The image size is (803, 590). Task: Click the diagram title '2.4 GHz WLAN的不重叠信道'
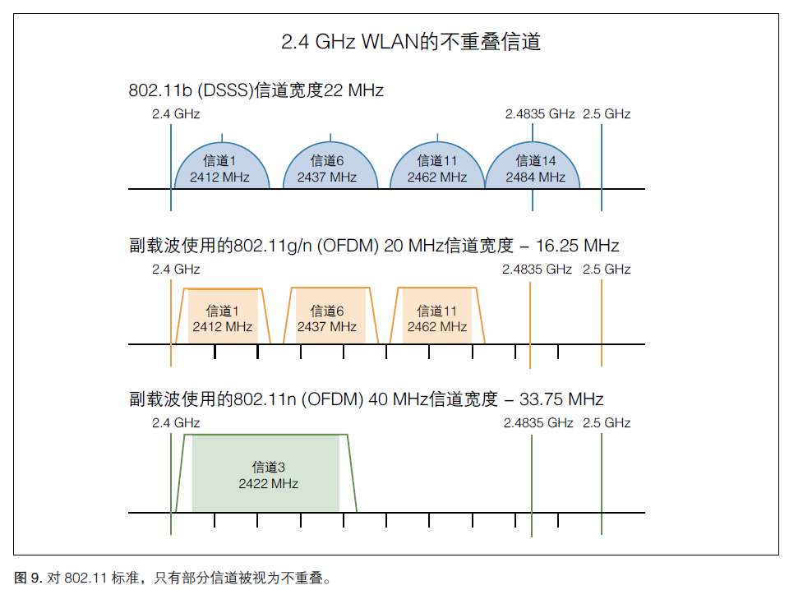click(411, 42)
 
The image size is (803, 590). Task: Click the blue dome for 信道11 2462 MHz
click(436, 168)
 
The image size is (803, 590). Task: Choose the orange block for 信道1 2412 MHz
click(222, 318)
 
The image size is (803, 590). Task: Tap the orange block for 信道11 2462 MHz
click(436, 318)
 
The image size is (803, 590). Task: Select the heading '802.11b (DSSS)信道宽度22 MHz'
click(256, 90)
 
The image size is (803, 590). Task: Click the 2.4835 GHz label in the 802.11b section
click(539, 114)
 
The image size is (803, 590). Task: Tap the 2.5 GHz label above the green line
click(607, 422)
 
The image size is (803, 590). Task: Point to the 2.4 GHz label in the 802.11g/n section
click(176, 269)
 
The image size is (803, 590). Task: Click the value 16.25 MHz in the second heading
click(577, 246)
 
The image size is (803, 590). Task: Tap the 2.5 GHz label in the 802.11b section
click(607, 114)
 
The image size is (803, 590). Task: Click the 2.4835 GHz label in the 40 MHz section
click(538, 422)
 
